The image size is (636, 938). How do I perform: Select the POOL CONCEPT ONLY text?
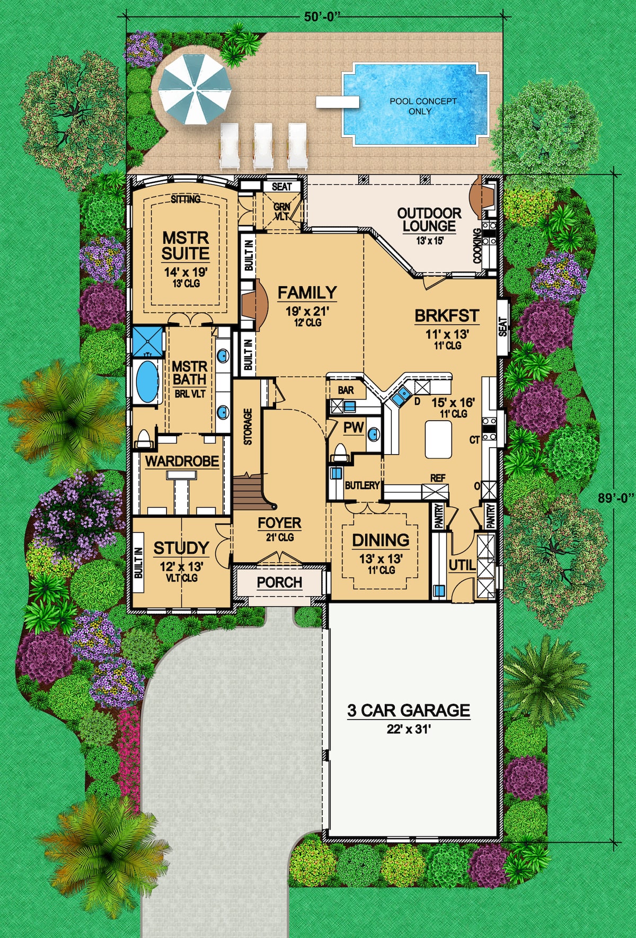click(x=422, y=106)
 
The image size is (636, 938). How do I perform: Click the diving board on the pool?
click(x=337, y=102)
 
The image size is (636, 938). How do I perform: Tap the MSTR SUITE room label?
click(x=185, y=245)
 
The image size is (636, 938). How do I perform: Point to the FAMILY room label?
click(x=307, y=293)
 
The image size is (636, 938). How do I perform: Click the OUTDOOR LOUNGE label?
click(x=429, y=219)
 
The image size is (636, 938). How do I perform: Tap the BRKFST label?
click(x=447, y=316)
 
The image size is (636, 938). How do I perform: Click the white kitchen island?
click(x=438, y=440)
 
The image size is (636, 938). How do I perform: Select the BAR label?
click(x=346, y=390)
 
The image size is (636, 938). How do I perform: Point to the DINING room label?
click(x=381, y=541)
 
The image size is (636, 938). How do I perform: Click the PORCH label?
click(x=279, y=582)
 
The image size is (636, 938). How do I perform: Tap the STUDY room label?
click(x=181, y=548)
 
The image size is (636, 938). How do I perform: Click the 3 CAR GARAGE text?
click(x=409, y=711)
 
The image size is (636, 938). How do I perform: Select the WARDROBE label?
click(x=182, y=461)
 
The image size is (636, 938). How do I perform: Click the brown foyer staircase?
click(x=249, y=493)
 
